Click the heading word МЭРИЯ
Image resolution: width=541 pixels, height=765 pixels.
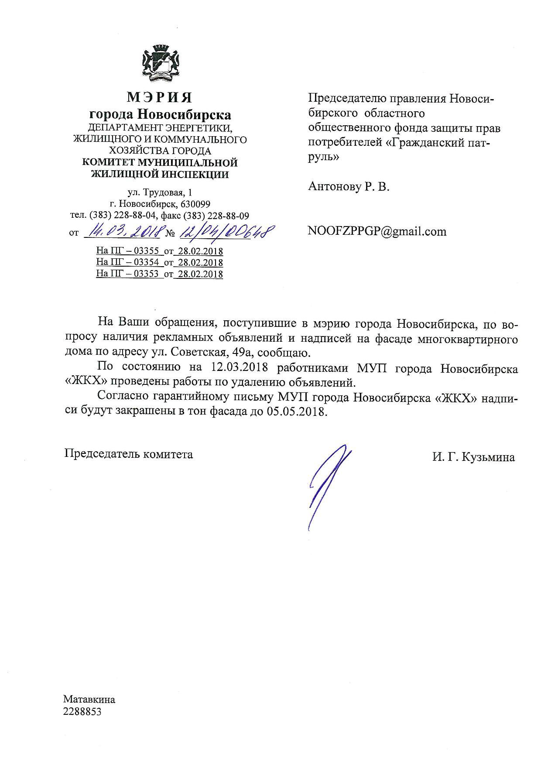(x=160, y=97)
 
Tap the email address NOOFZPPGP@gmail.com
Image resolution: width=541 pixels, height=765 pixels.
(x=377, y=231)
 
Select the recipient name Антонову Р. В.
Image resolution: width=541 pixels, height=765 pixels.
(x=349, y=187)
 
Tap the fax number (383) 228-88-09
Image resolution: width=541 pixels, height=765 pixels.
(x=216, y=215)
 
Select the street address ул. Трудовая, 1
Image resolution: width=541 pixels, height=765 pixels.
(x=159, y=192)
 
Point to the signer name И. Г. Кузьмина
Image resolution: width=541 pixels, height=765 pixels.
(x=473, y=457)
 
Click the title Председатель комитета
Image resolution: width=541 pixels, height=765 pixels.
(x=129, y=454)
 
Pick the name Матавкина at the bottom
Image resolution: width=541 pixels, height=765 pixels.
(x=89, y=700)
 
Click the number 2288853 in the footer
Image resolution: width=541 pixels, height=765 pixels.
(x=82, y=712)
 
